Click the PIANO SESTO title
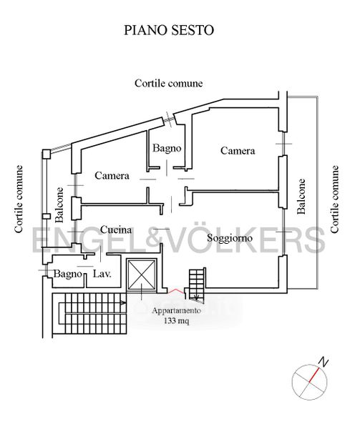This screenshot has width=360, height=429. click(169, 30)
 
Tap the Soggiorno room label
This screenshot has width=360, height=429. click(230, 238)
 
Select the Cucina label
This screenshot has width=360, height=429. click(116, 230)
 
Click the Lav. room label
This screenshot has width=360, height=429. click(102, 274)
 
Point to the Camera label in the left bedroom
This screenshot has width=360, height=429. click(112, 175)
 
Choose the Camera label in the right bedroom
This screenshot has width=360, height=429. click(238, 150)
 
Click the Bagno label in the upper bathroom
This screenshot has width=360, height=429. click(167, 148)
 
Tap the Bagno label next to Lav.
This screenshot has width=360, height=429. click(67, 274)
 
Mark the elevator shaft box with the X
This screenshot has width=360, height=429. click(142, 274)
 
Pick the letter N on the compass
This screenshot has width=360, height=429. click(323, 362)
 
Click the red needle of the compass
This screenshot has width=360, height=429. click(314, 375)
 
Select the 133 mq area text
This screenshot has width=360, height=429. click(176, 320)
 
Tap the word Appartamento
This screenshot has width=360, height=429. click(177, 311)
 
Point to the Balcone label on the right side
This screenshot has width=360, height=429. click(301, 196)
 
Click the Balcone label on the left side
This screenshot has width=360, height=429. click(59, 204)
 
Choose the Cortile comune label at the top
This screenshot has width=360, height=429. click(169, 83)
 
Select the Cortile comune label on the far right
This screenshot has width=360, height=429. click(334, 199)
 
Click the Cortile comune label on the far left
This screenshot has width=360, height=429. click(19, 199)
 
